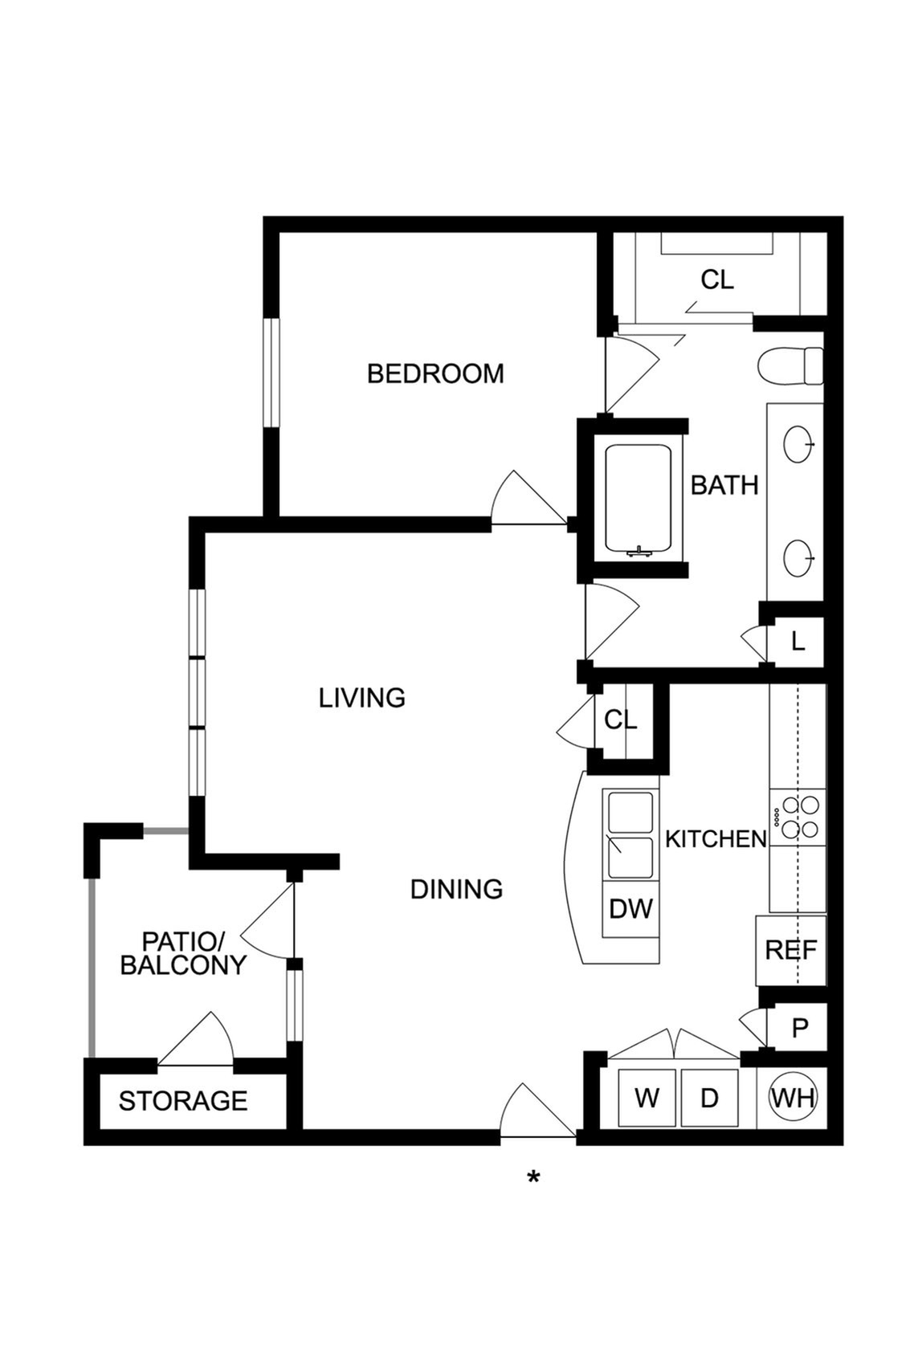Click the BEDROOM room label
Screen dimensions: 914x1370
435,373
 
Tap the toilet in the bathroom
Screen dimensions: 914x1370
790,365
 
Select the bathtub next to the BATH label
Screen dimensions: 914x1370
638,500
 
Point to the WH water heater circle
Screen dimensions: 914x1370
793,1099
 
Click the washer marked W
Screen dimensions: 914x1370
647,1099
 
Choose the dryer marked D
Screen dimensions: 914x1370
709,1099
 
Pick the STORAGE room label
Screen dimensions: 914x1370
183,1101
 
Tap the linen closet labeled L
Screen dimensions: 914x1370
798,642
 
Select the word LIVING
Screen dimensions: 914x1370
361,698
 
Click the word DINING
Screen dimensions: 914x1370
456,889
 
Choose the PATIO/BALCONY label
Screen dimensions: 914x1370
183,953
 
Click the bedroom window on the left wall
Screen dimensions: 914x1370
271,373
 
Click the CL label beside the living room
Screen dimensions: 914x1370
620,720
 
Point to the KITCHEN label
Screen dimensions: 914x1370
716,839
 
